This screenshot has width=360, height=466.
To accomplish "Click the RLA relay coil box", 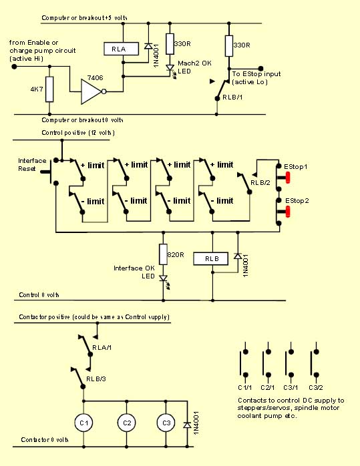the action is (x=122, y=49).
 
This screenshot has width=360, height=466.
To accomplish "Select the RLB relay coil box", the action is (x=211, y=258).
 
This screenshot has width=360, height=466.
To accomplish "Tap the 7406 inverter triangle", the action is (x=92, y=91).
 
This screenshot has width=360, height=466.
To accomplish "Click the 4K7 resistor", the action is (x=49, y=89).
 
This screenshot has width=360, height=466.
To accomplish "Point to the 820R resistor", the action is (x=163, y=254).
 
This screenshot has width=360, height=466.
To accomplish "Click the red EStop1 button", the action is (x=287, y=178).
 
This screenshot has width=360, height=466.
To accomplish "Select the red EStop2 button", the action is (x=287, y=212).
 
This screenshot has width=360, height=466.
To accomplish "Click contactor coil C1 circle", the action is (x=84, y=423).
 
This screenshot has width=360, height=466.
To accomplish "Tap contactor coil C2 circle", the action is (x=127, y=423).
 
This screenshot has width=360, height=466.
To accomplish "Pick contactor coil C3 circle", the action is (x=166, y=423).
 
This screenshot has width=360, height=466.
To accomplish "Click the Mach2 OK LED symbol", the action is (x=170, y=69).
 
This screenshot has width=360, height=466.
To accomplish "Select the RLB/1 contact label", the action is (x=232, y=97).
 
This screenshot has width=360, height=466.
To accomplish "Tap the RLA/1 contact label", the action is (x=102, y=347).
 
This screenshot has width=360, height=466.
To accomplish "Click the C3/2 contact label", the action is (x=316, y=387).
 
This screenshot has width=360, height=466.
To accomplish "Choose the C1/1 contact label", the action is (x=245, y=387).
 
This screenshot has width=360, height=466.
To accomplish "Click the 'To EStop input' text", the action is (x=256, y=73).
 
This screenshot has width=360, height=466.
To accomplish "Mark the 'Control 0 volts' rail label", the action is (x=39, y=295).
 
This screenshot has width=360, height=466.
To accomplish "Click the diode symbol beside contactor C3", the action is (x=187, y=425).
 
